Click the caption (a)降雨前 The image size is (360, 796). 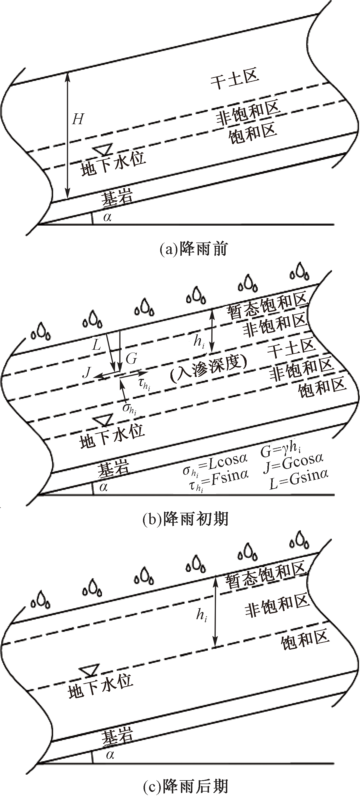point(193,249)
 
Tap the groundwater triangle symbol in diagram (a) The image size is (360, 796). point(103,149)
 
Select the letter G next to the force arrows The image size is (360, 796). point(131,359)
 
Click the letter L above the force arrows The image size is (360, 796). point(97,345)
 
